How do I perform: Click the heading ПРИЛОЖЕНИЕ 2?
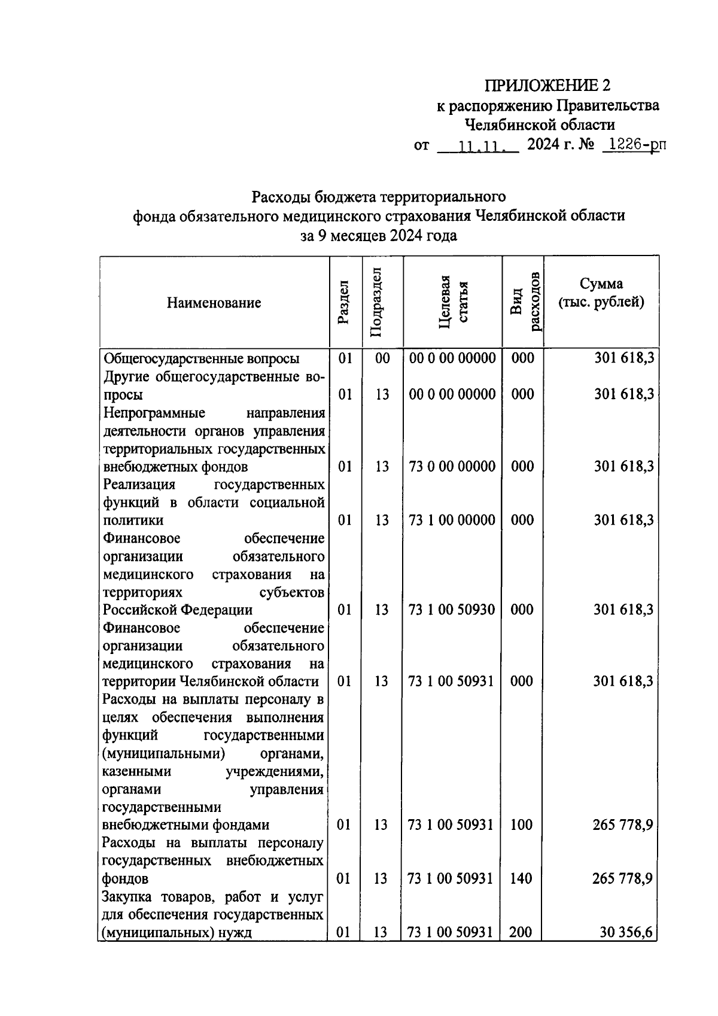pos(547,86)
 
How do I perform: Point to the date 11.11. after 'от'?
pos(478,145)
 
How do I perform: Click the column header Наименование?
pos(214,303)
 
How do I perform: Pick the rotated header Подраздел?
pos(376,302)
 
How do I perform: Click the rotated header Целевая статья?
pos(452,302)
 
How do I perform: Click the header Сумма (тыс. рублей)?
pos(601,293)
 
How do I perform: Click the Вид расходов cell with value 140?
pos(522,878)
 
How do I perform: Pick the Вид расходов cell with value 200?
pos(522,932)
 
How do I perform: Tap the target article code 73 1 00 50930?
pos(452,610)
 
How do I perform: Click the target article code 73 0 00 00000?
pos(452,466)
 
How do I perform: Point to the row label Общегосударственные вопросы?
pos(201,358)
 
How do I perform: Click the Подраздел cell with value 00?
pos(382,358)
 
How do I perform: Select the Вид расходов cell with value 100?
pos(522,825)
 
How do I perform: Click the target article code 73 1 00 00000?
pos(452,520)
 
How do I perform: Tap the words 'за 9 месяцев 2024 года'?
pos(378,235)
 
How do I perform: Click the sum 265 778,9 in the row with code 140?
pos(622,878)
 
